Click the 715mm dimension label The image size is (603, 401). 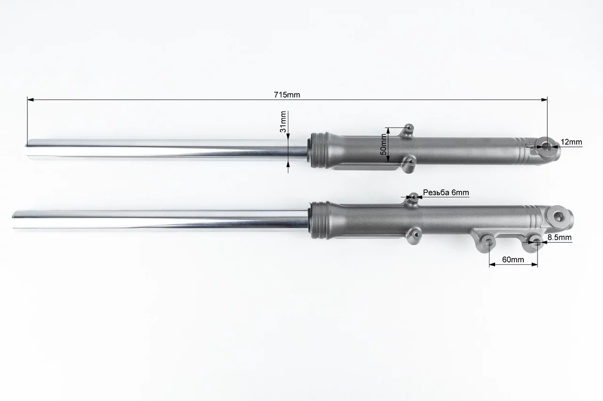287,95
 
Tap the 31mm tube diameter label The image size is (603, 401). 283,122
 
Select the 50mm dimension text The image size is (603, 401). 383,144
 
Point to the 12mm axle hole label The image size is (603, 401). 571,142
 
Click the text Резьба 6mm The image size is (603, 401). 446,192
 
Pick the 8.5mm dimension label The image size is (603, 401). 559,237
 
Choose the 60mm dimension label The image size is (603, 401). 513,259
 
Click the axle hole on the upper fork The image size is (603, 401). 547,147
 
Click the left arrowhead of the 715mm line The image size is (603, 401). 30,99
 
